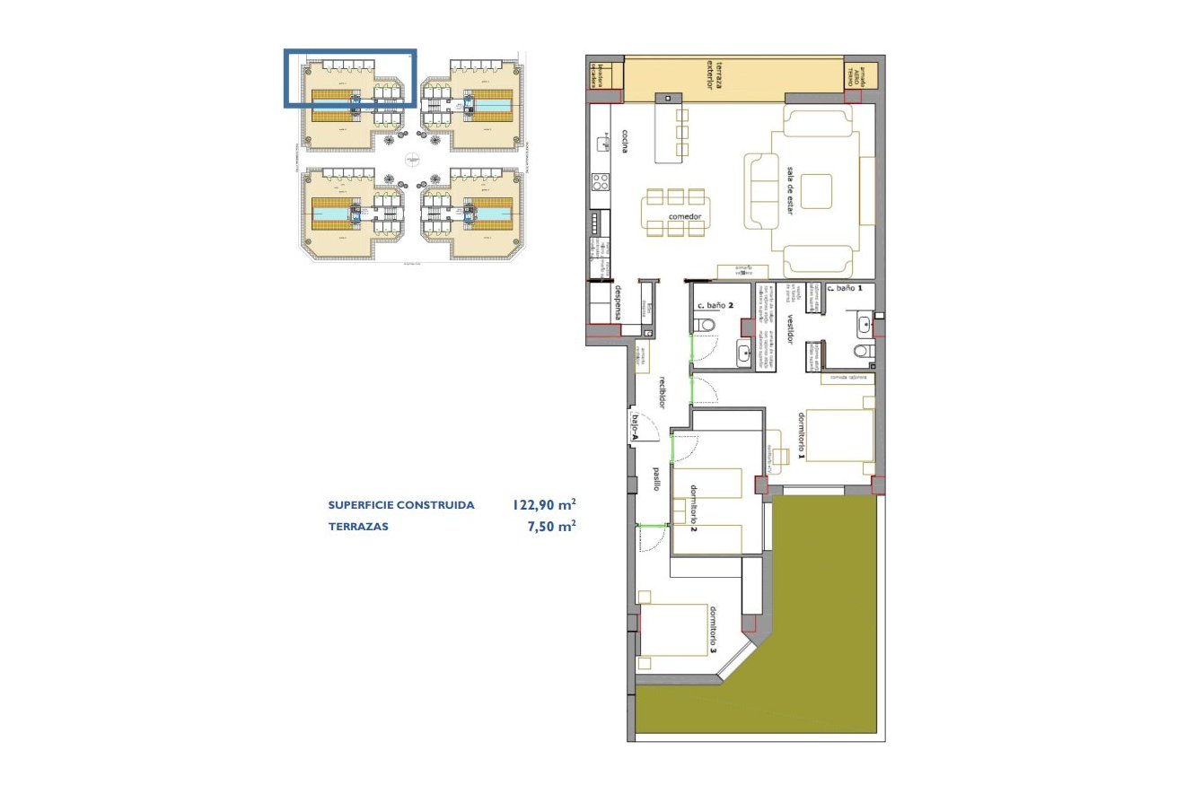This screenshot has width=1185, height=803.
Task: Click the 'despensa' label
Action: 619,302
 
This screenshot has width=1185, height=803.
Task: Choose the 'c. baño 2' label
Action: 715,306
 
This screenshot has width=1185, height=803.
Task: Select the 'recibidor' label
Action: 662,392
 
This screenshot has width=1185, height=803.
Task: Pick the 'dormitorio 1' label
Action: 801,437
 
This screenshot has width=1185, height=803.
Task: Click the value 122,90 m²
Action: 544,505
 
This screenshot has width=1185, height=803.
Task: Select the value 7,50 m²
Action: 551,527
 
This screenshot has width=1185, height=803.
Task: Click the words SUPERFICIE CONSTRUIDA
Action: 401,505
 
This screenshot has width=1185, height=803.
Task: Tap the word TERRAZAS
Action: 358,527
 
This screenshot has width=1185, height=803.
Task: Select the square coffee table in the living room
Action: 816,191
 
